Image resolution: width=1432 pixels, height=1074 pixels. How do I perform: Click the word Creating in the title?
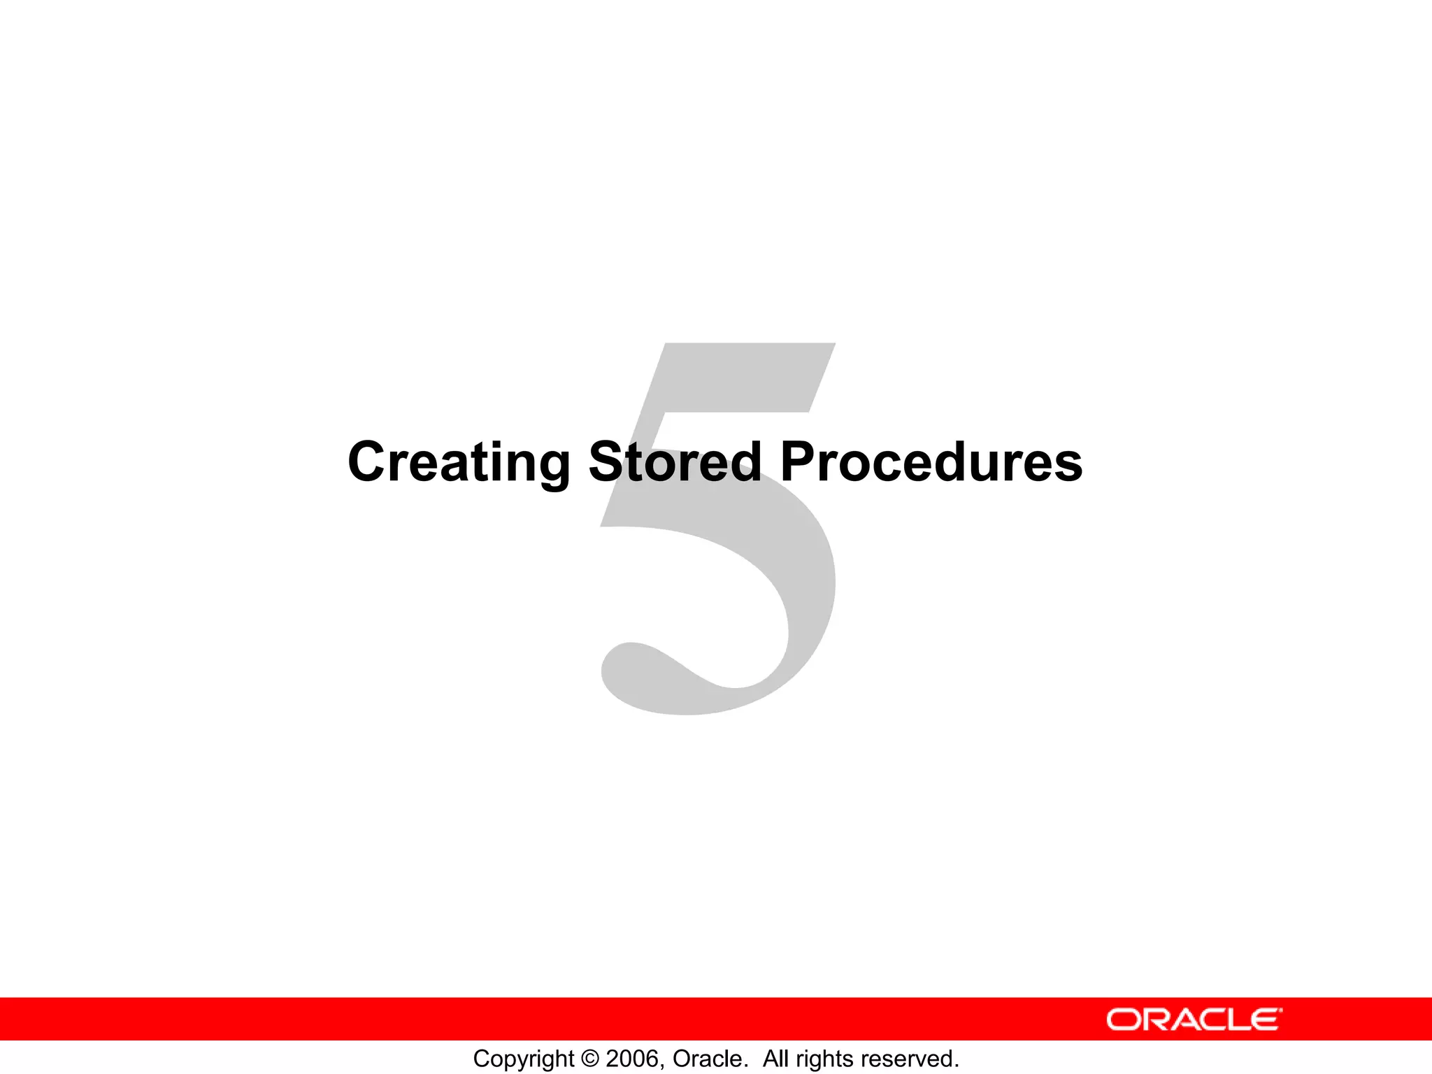tap(459, 462)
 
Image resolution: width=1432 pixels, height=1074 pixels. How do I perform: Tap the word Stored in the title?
tap(675, 462)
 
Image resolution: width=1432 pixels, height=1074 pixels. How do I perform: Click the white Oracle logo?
tap(1194, 1019)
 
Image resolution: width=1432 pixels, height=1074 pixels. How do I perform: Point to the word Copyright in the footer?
tap(523, 1059)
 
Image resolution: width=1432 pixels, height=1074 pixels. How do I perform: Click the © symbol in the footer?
tap(590, 1059)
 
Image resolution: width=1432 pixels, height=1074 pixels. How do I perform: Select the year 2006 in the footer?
tap(632, 1059)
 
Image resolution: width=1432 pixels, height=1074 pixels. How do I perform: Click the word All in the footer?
tap(776, 1059)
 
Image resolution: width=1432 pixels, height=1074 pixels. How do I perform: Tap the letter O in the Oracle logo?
tap(1123, 1019)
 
